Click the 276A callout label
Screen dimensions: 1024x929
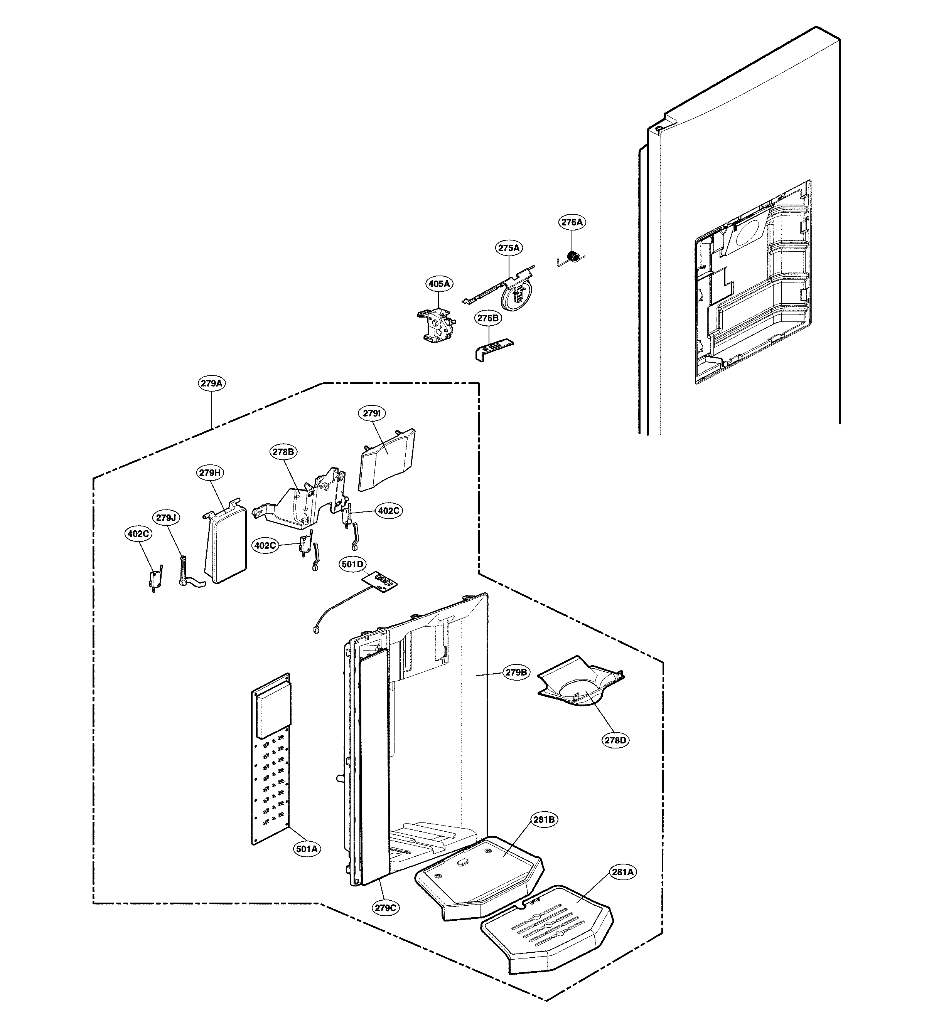[572, 222]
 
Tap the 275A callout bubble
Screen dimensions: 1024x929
[509, 248]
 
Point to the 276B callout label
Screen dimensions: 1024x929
[488, 318]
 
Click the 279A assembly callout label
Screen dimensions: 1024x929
[211, 383]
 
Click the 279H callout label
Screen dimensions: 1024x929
[211, 473]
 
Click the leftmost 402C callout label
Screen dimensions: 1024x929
[138, 534]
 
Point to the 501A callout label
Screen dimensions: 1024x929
[307, 849]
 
